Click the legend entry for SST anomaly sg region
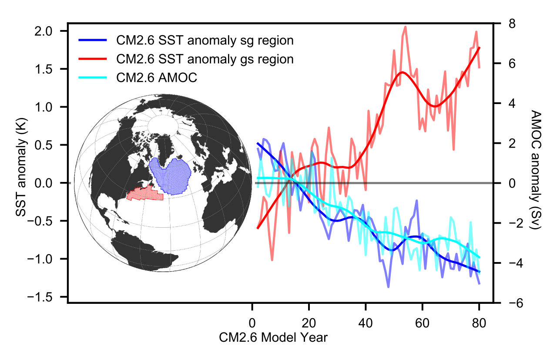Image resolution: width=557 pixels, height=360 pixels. point(205,41)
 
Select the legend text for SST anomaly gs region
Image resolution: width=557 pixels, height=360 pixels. point(205,59)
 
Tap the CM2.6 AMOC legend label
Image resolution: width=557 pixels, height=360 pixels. point(157,77)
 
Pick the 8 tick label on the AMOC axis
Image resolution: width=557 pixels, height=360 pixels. point(500,24)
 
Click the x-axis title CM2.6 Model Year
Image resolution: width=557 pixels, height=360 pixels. point(273,337)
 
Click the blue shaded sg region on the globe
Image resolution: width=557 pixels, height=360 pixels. point(171,176)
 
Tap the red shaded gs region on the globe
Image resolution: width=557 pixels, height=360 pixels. point(145,193)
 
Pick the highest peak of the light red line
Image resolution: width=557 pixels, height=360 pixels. point(406,27)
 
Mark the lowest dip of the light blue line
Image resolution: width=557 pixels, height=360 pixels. point(388,287)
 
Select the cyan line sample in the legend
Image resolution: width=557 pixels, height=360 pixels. point(92,77)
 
